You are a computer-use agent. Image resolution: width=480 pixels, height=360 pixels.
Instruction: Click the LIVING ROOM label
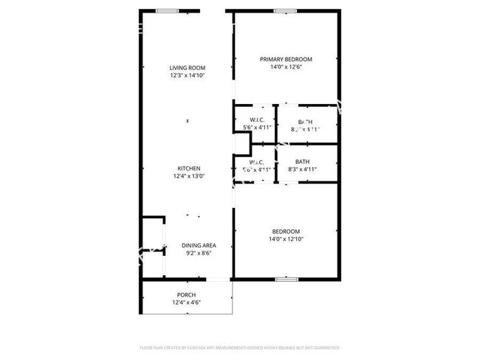pos(187,68)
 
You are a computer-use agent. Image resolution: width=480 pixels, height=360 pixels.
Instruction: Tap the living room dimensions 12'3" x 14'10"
pos(187,75)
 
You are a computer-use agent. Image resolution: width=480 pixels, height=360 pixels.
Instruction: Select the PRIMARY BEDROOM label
pos(286,60)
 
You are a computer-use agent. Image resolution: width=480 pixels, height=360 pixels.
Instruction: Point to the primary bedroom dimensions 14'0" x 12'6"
pos(286,67)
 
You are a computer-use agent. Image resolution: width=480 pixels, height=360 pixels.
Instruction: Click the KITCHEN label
pos(188,168)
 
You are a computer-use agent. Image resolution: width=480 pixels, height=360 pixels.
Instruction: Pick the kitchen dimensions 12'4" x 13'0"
pos(188,176)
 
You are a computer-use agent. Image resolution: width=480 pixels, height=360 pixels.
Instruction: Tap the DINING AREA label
pos(198,246)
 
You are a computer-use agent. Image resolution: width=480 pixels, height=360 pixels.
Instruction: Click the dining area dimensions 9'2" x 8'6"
pos(198,253)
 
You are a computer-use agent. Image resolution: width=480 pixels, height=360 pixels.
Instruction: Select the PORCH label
pos(186,295)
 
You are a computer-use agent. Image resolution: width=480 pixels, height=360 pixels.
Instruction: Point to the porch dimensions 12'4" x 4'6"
pos(186,302)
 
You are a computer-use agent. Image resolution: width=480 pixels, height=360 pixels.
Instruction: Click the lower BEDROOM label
pos(286,231)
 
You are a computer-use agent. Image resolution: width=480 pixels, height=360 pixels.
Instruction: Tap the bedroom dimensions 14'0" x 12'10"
pos(286,238)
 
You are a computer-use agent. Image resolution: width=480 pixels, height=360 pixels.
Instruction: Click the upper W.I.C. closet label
pos(257,120)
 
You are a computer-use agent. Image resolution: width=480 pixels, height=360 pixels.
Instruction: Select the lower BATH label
pos(302,162)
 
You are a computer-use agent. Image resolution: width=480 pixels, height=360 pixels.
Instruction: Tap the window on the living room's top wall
pos(167,11)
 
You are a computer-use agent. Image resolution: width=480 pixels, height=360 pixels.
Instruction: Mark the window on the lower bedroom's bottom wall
pos(287,279)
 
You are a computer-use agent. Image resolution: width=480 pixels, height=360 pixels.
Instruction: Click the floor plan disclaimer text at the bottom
pos(239,346)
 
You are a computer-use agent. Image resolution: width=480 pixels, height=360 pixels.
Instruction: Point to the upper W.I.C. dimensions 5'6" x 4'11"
pos(257,128)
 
